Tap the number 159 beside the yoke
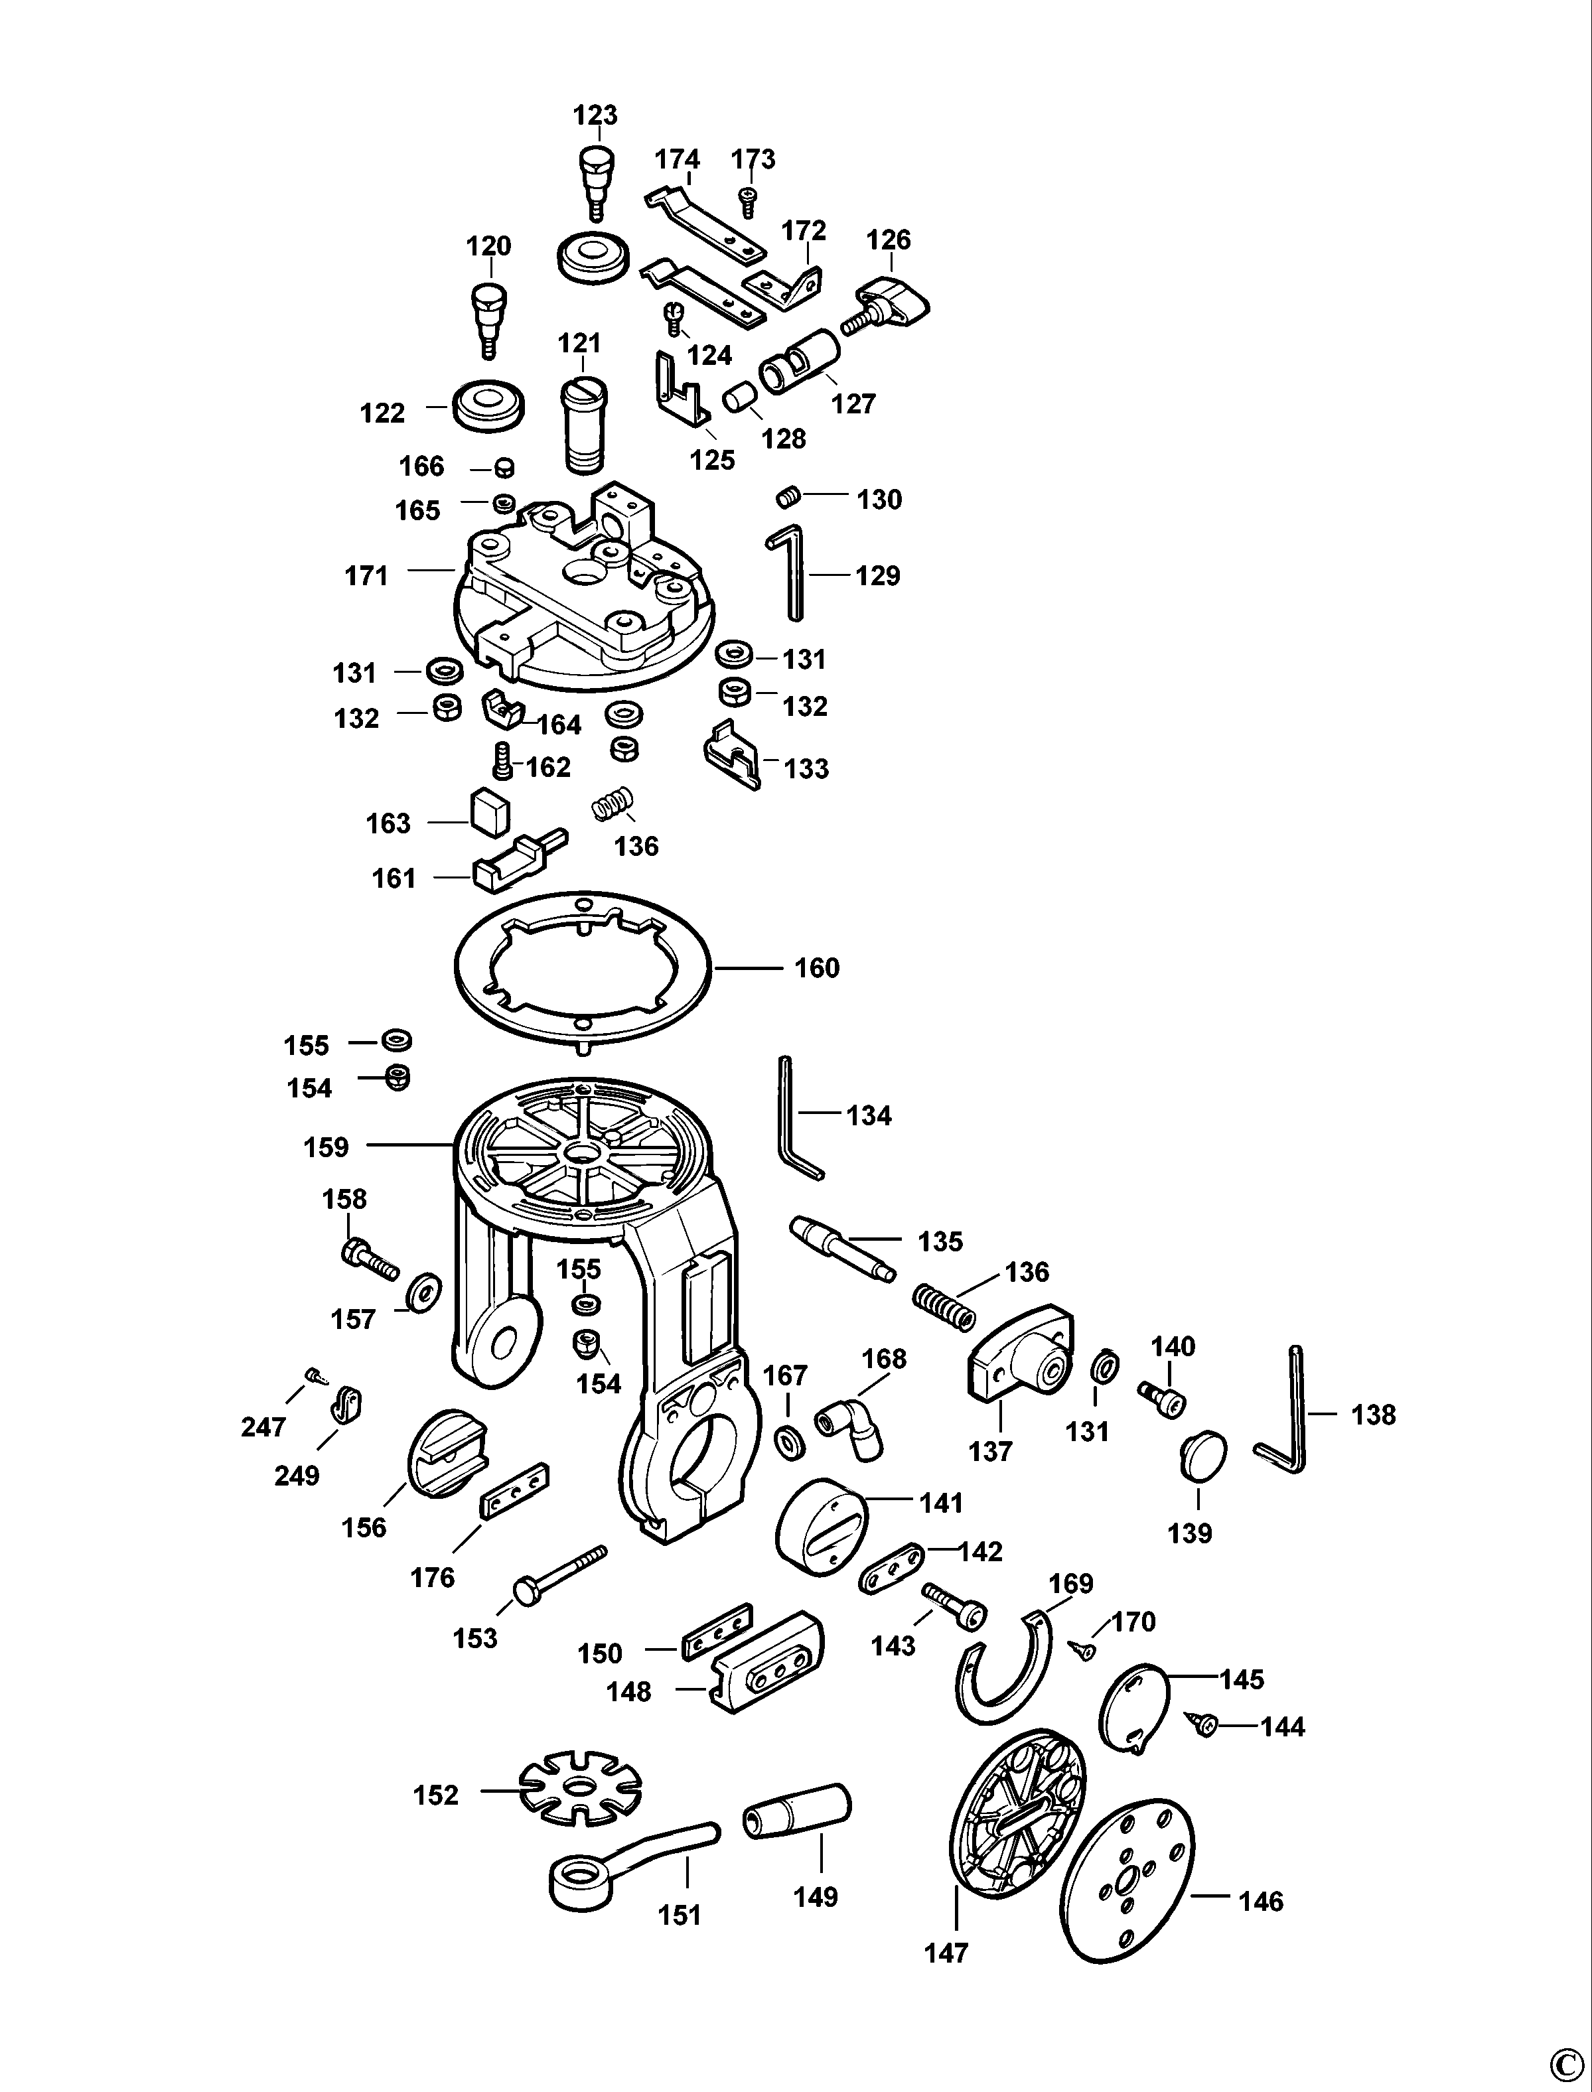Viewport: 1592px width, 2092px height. pos(326,1147)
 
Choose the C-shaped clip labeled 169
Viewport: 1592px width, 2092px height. pos(1009,1667)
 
